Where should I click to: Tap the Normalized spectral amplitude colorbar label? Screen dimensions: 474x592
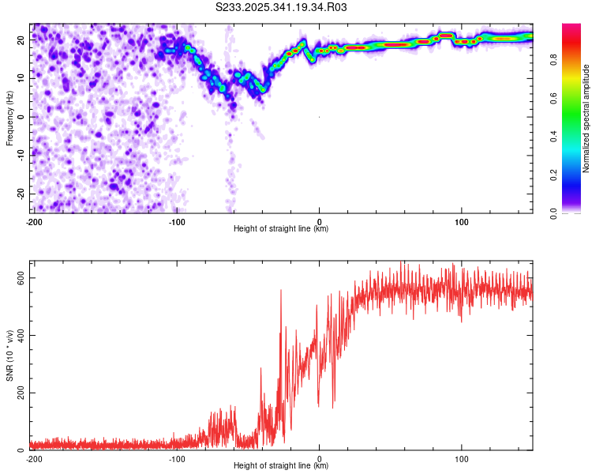tap(586, 118)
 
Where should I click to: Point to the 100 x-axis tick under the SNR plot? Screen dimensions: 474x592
tap(462, 459)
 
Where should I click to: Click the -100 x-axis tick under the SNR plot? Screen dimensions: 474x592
tap(176, 459)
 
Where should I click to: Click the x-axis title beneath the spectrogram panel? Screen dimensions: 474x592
tap(281, 229)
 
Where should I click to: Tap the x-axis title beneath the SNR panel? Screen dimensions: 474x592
tap(281, 466)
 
